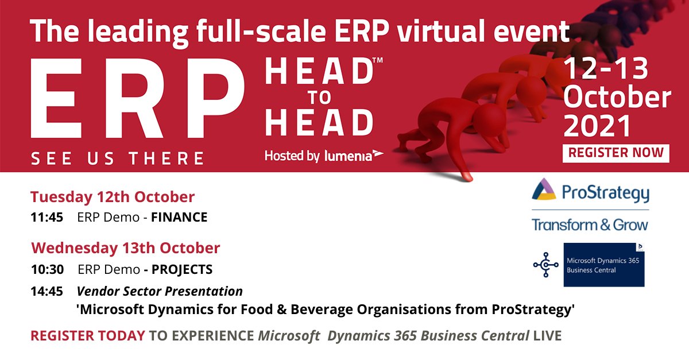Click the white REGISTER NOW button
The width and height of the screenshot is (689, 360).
coord(616,153)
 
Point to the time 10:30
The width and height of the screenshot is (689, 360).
coord(47,269)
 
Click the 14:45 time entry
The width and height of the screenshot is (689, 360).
coord(47,291)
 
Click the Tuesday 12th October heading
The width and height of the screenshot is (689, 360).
coord(113,198)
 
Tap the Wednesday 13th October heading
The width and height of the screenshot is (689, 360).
coord(125,248)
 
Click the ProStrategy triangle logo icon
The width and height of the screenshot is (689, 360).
coord(544,189)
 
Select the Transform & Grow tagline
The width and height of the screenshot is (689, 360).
coord(590,224)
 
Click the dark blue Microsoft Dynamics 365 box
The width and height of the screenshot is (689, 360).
coord(604,265)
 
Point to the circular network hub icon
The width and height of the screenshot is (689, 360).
coord(545,265)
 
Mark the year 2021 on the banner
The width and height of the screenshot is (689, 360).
coord(597,126)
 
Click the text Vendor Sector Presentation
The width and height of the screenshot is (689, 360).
coord(160,291)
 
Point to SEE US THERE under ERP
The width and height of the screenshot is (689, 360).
coord(117,158)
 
